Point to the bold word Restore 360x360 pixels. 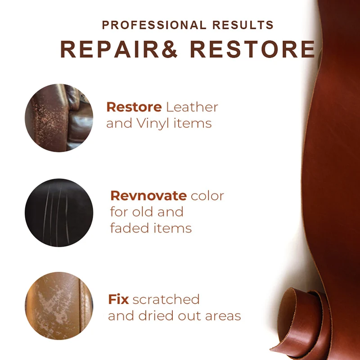tap(134, 108)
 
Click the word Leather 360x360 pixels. tap(192, 108)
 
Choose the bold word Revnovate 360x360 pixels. tap(148, 196)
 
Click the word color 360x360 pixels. tap(207, 196)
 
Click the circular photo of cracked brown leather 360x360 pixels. tap(59, 117)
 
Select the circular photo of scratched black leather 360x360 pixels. tap(59, 212)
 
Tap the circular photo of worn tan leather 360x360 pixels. tap(59, 306)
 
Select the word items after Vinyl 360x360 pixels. tap(192, 123)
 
